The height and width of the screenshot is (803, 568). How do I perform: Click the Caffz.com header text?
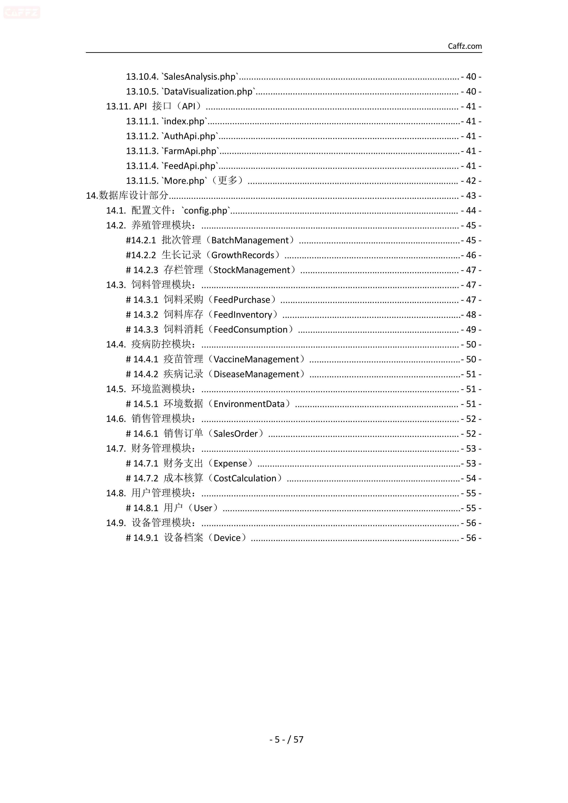tap(465, 46)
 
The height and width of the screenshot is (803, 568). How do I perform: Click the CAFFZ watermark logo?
tap(22, 13)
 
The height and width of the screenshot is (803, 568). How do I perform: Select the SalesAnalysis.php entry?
tap(200, 77)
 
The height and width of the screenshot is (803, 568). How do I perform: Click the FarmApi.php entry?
tap(190, 151)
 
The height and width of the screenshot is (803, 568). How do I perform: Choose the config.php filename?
tap(206, 211)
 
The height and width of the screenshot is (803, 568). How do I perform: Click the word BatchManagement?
tap(250, 240)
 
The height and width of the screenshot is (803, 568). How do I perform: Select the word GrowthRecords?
tap(243, 255)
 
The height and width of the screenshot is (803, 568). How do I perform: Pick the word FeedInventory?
tap(243, 315)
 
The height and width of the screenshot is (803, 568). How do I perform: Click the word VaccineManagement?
tap(256, 360)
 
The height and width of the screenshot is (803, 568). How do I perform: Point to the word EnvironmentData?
tap(249, 404)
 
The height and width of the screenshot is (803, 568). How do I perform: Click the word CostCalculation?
tap(245, 478)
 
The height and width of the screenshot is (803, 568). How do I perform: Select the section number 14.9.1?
tap(146, 538)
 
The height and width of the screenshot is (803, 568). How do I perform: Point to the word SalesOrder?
tap(235, 434)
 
